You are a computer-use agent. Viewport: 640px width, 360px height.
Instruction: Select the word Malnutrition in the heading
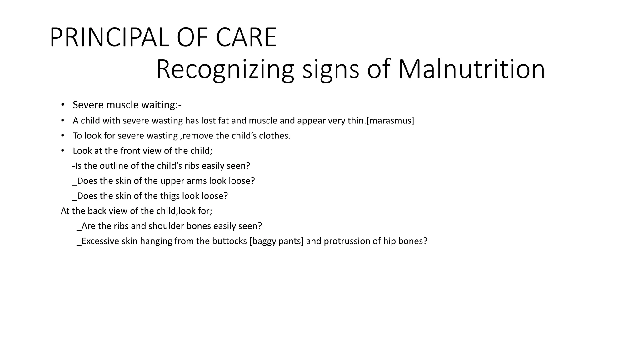click(472, 69)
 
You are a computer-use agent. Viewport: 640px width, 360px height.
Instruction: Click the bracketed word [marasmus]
click(390, 121)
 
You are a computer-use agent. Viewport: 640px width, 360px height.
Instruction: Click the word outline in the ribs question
click(114, 166)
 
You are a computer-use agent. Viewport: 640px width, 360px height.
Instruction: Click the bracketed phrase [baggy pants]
click(277, 241)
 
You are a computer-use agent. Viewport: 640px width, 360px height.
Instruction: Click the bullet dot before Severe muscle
click(63, 105)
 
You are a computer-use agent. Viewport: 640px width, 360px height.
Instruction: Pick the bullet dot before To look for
click(63, 135)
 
